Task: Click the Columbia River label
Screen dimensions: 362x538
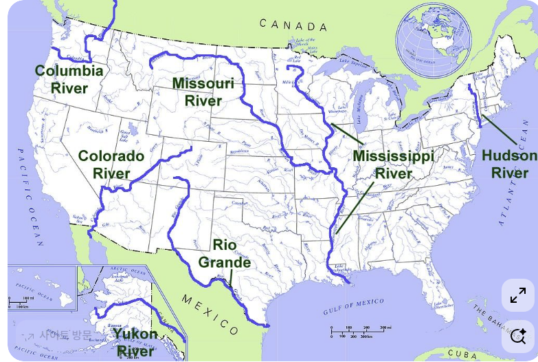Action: tap(69, 79)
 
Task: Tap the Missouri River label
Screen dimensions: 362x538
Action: tap(203, 92)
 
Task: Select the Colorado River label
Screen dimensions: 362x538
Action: tap(111, 164)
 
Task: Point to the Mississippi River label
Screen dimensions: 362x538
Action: tap(393, 164)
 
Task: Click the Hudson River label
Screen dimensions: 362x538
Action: tap(509, 164)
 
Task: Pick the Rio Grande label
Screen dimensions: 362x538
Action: tap(224, 253)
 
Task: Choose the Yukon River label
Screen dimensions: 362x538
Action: tap(135, 342)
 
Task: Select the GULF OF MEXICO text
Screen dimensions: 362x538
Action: tap(355, 307)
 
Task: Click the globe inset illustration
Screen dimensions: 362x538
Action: tap(434, 39)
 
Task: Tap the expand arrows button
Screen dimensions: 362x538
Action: tap(517, 296)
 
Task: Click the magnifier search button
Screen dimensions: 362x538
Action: tap(517, 337)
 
